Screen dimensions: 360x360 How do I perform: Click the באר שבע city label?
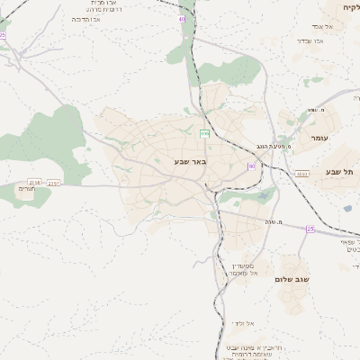click(190, 162)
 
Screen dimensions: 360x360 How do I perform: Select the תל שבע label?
click(340, 171)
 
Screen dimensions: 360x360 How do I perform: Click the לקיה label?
click(350, 7)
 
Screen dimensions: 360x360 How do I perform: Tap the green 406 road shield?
click(205, 133)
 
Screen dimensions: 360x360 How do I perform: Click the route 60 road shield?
click(252, 166)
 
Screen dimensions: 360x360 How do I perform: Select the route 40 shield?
click(183, 18)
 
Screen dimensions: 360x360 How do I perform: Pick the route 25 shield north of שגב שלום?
click(310, 229)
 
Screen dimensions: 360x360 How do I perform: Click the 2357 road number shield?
click(54, 183)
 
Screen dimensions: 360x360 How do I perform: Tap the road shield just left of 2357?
click(33, 181)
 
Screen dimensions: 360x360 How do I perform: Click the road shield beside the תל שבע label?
click(301, 174)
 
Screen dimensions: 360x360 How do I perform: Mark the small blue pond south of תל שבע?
click(347, 209)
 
